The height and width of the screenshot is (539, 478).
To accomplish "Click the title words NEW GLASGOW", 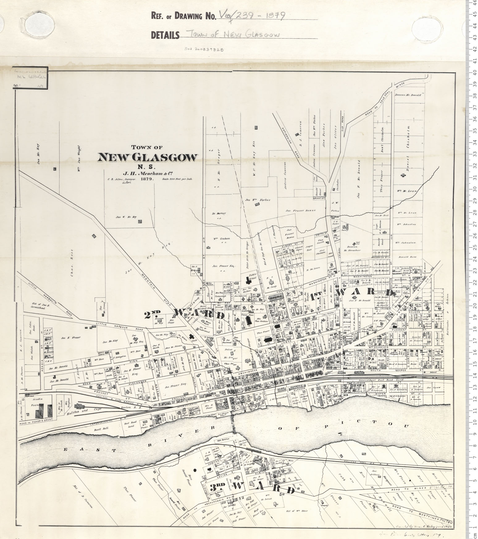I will pyautogui.click(x=147, y=158).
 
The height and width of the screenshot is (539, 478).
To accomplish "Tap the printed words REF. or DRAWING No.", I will pyautogui.click(x=183, y=15).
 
